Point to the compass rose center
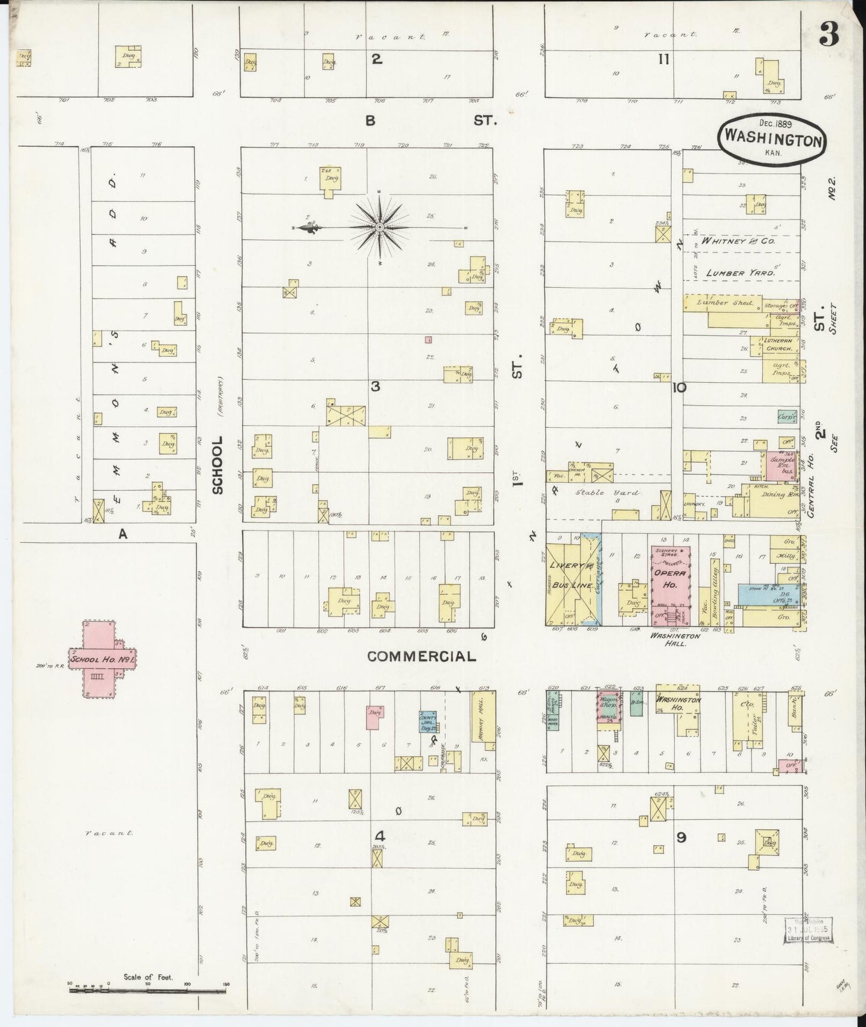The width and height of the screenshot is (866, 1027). point(379,228)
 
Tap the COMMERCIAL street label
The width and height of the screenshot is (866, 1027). point(421,656)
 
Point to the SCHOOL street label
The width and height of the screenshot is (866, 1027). point(217,465)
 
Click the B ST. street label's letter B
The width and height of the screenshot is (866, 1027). point(370,120)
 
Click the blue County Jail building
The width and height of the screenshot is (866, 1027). point(429,721)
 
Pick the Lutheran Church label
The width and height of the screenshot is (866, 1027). point(778,345)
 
